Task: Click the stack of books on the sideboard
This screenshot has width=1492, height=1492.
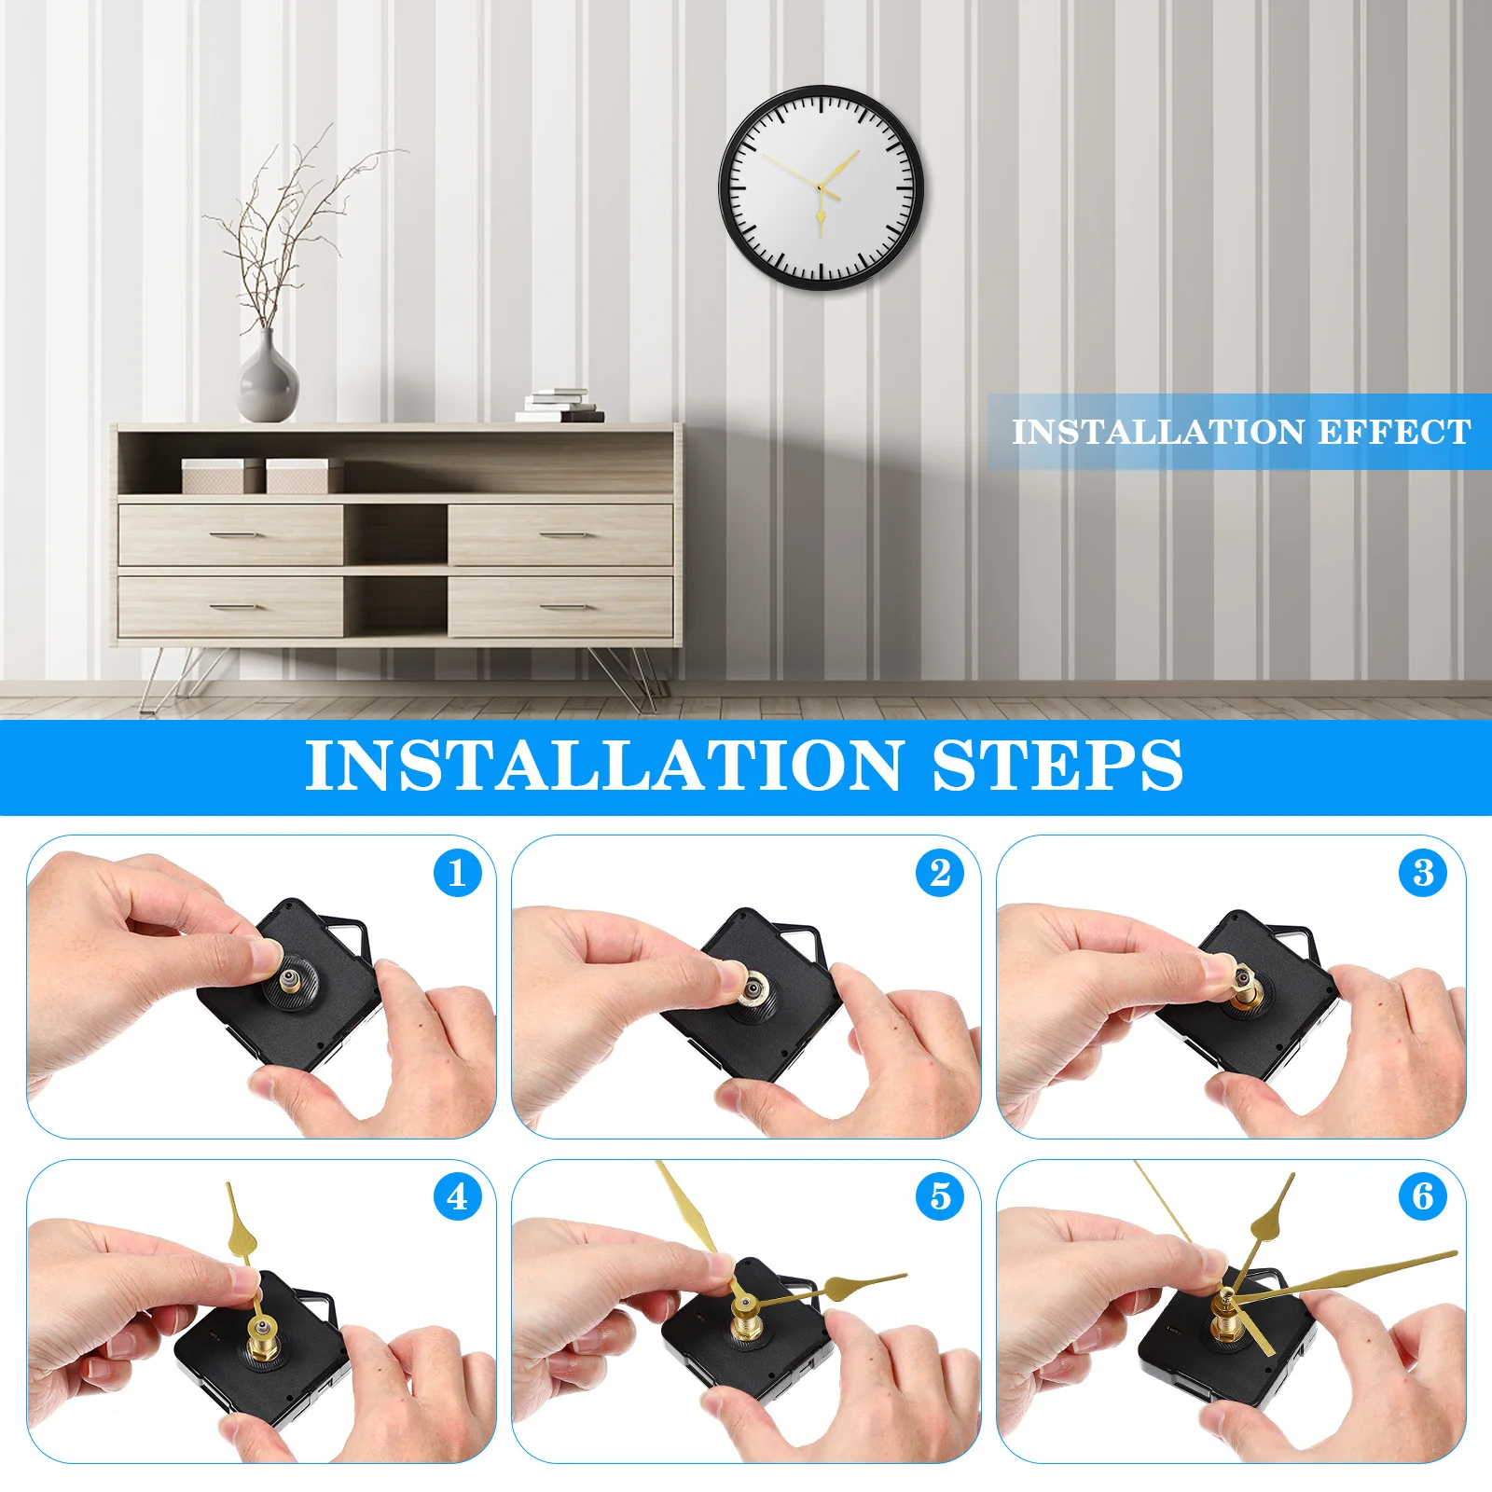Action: pyautogui.click(x=559, y=407)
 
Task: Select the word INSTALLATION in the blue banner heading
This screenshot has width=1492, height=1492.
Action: pyautogui.click(x=604, y=767)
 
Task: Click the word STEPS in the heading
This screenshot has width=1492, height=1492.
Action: pyautogui.click(x=1057, y=767)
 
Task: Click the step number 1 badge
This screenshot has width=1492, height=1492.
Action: pyautogui.click(x=457, y=874)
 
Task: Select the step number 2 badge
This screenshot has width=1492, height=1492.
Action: pyautogui.click(x=940, y=874)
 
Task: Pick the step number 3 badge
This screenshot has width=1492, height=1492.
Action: pyautogui.click(x=1423, y=874)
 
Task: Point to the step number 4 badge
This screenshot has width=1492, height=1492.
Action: pyautogui.click(x=457, y=1196)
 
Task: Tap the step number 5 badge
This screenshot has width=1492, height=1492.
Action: pyautogui.click(x=940, y=1196)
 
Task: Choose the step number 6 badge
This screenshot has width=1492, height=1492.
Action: pyautogui.click(x=1423, y=1196)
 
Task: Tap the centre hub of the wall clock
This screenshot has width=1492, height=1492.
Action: pyautogui.click(x=820, y=188)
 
